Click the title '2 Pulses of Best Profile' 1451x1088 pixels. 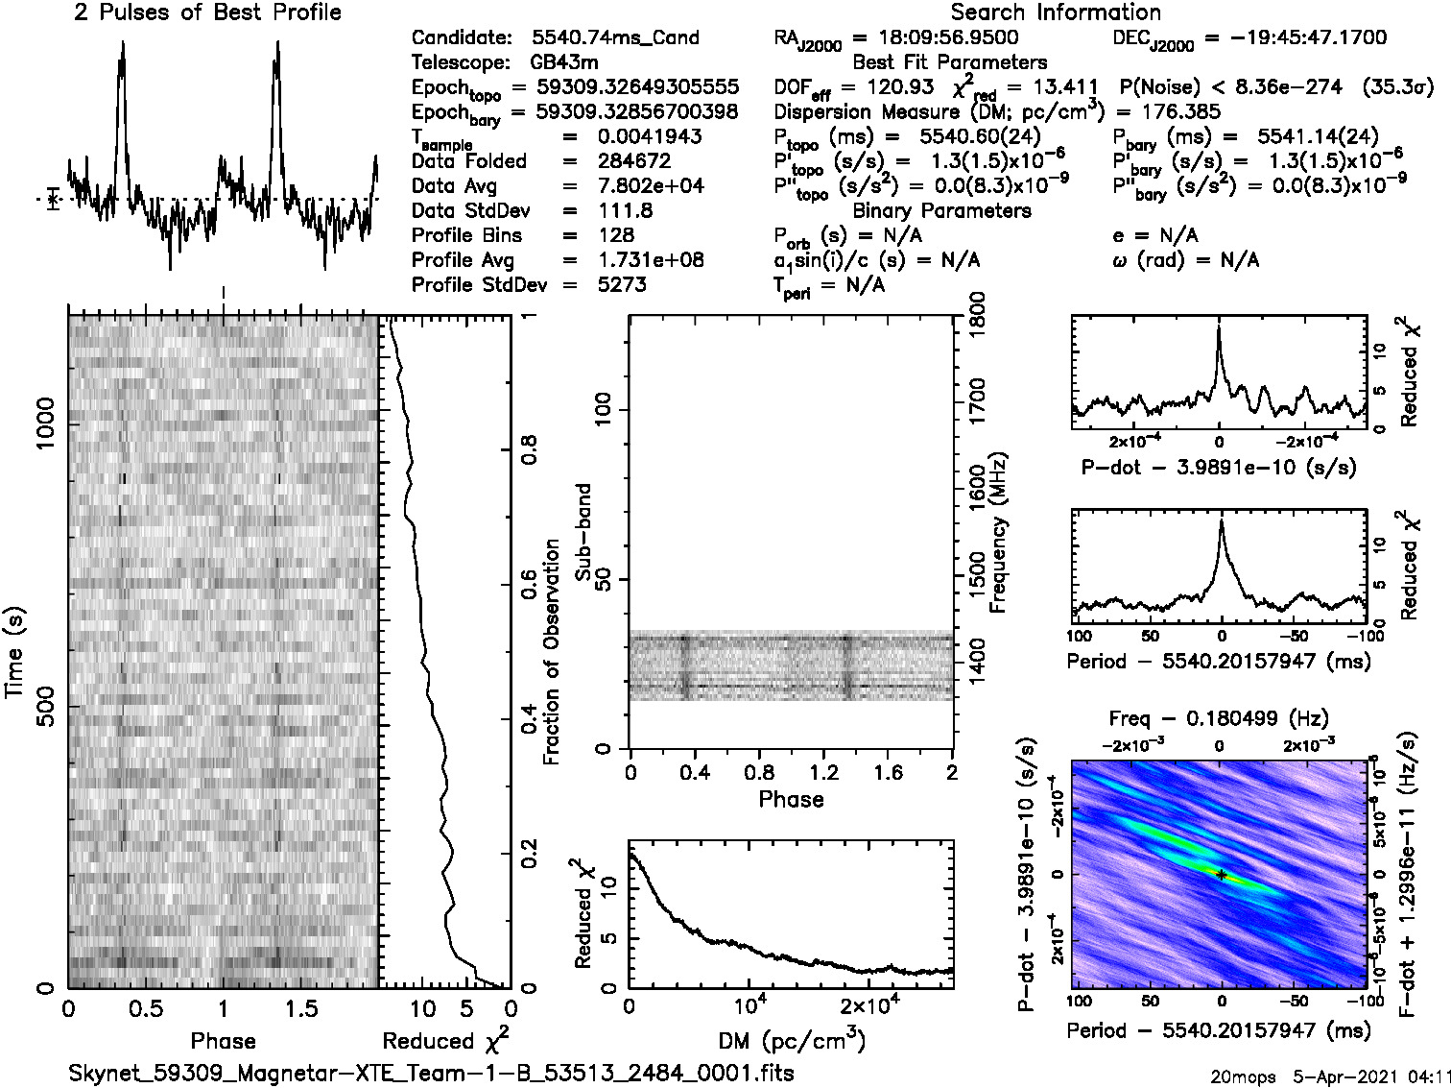(x=207, y=12)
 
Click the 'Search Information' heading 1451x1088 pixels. (x=1056, y=12)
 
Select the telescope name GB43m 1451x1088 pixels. (x=565, y=62)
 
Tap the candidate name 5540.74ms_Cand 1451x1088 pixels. (x=615, y=38)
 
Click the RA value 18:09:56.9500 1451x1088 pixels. (x=936, y=37)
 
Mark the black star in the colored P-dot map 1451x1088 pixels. (x=1221, y=874)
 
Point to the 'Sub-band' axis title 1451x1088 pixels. (x=583, y=532)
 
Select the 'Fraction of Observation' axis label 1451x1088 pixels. (x=551, y=652)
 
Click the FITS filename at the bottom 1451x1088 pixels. (x=431, y=1072)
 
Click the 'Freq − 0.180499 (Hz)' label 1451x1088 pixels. (x=1219, y=718)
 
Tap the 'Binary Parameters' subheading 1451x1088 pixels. (x=941, y=210)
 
